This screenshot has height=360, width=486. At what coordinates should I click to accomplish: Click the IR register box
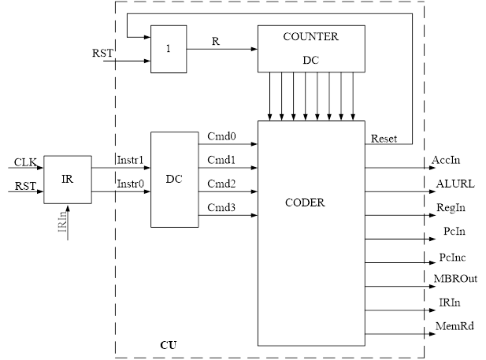pyautogui.click(x=67, y=179)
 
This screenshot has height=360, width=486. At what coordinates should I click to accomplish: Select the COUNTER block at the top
pyautogui.click(x=311, y=48)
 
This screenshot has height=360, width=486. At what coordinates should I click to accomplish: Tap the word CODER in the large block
pyautogui.click(x=305, y=202)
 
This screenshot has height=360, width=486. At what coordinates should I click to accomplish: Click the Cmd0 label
pyautogui.click(x=221, y=136)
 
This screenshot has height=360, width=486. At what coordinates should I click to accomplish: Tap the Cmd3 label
pyautogui.click(x=221, y=206)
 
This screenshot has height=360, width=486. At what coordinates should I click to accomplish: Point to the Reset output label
pyautogui.click(x=385, y=139)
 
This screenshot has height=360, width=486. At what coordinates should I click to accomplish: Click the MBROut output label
pyautogui.click(x=456, y=278)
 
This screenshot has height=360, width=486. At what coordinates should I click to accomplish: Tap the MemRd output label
pyautogui.click(x=455, y=325)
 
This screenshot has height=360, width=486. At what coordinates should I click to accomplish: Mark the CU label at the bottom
pyautogui.click(x=168, y=345)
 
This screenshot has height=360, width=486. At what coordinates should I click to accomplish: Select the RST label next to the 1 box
pyautogui.click(x=102, y=52)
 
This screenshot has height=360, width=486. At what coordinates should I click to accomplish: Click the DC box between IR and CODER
pyautogui.click(x=174, y=179)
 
